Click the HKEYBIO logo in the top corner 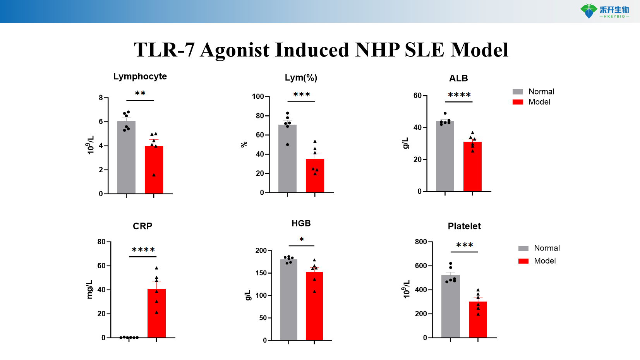pyautogui.click(x=604, y=11)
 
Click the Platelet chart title pyautogui.click(x=464, y=226)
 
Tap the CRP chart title pyautogui.click(x=142, y=226)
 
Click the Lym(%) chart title pyautogui.click(x=301, y=78)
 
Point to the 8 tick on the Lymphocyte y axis pyautogui.click(x=101, y=98)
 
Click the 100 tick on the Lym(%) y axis pyautogui.click(x=258, y=96)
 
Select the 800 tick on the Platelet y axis pyautogui.click(x=421, y=242)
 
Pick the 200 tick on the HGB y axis pyautogui.click(x=261, y=251)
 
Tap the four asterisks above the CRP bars pyautogui.click(x=143, y=250)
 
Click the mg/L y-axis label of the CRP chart pyautogui.click(x=89, y=290)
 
